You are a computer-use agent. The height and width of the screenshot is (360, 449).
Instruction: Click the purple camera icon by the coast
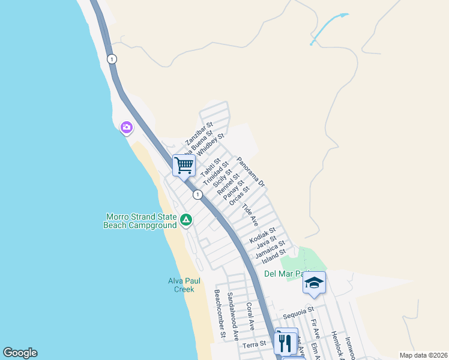pyautogui.click(x=126, y=127)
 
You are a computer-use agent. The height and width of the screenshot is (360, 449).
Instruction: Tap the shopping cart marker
pyautogui.click(x=184, y=164)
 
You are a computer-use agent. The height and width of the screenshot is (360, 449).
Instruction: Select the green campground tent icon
pyautogui.click(x=187, y=221)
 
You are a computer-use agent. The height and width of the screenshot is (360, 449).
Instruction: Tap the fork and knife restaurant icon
pyautogui.click(x=284, y=343)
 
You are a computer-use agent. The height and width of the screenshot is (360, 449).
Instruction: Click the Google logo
pyautogui.click(x=20, y=353)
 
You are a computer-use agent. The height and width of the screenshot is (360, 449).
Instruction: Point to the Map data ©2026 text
pyautogui.click(x=423, y=355)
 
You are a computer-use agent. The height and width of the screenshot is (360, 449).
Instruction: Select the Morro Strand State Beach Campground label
pyautogui.click(x=140, y=221)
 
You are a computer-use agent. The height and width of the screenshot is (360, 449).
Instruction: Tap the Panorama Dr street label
pyautogui.click(x=251, y=171)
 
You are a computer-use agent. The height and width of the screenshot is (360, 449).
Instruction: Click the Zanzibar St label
pyautogui.click(x=199, y=134)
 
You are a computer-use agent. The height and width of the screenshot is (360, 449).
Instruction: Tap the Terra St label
pyautogui.click(x=254, y=345)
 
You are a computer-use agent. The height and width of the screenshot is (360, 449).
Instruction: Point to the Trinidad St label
pyautogui.click(x=215, y=172)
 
